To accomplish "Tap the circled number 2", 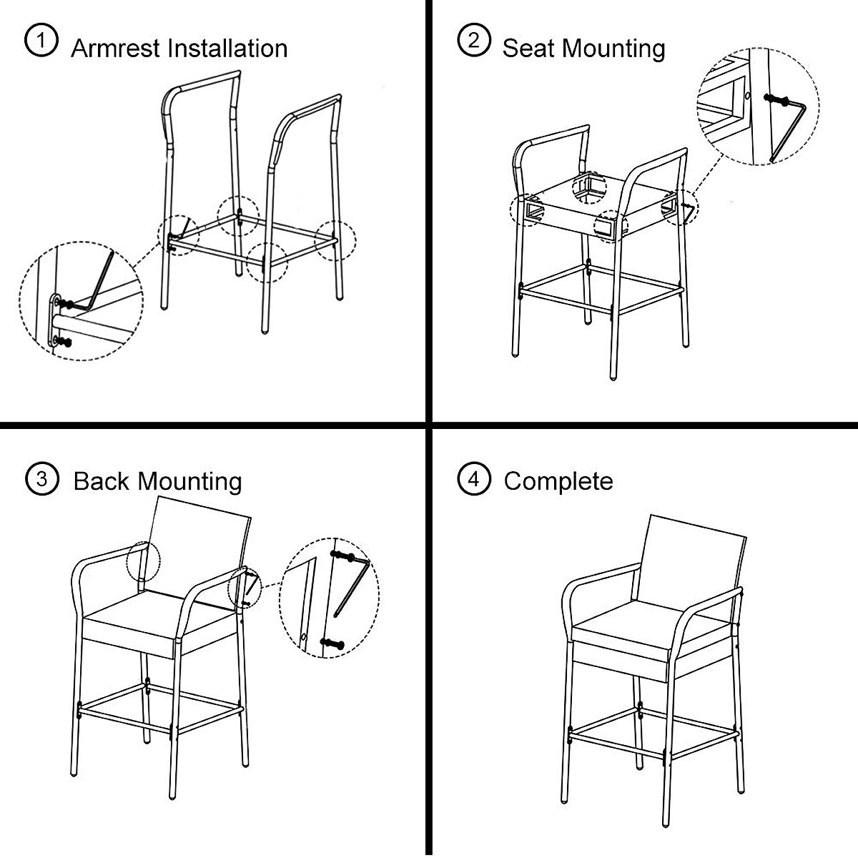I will click(x=473, y=41).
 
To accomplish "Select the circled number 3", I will click(x=41, y=478).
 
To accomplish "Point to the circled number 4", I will click(x=473, y=478).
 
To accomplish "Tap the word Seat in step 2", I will click(x=529, y=49).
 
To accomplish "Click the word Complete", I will click(x=558, y=480).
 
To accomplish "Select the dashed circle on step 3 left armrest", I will click(x=140, y=565).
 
